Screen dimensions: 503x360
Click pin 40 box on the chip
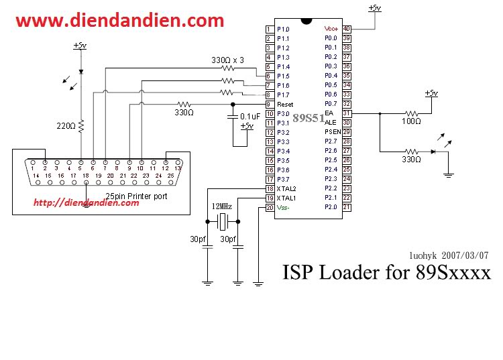tap(347, 29)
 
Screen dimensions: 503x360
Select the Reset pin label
tap(285, 105)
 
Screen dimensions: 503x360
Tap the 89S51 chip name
tap(309, 118)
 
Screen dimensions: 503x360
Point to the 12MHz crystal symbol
tap(223, 221)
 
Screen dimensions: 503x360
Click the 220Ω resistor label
tap(66, 126)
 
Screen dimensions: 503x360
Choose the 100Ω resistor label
tap(411, 121)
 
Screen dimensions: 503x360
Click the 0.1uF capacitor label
tap(250, 117)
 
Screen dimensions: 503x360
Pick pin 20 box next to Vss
tap(270, 208)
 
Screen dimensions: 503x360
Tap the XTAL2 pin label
tap(286, 189)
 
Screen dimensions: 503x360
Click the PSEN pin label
tap(333, 132)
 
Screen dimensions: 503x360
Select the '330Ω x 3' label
tap(227, 60)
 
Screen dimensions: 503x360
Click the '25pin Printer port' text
tap(136, 196)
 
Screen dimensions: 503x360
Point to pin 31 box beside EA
tap(347, 113)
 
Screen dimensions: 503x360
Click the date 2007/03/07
tap(465, 255)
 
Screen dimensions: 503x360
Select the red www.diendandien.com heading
tap(119, 21)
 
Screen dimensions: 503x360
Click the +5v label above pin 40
tap(375, 7)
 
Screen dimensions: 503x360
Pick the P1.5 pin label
tap(283, 76)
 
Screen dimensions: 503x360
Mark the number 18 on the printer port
tap(86, 176)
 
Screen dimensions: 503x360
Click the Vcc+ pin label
tap(331, 29)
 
